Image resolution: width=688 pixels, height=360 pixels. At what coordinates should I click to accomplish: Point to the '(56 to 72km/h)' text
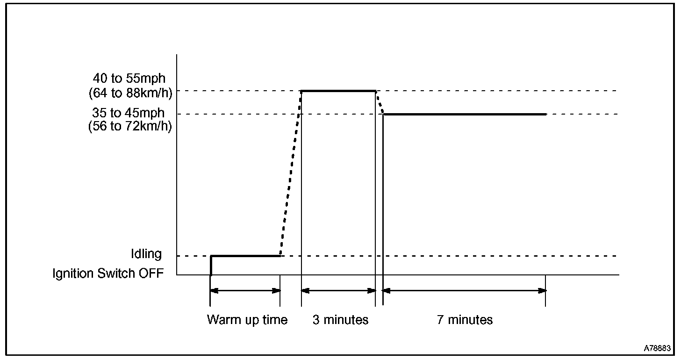[x=130, y=127]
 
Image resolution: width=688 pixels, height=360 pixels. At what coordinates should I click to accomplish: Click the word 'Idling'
[x=146, y=254]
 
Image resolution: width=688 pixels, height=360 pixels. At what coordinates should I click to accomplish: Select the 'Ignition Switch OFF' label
[x=108, y=274]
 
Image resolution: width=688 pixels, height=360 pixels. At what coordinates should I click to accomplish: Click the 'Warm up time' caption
[x=247, y=320]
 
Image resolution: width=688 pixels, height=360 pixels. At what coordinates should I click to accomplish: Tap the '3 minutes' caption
[x=340, y=320]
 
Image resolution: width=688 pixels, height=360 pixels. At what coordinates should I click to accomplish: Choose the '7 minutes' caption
[x=465, y=320]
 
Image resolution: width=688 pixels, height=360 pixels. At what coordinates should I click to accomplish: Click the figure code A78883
[x=658, y=348]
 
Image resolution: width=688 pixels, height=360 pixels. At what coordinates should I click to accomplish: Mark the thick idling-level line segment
[x=245, y=256]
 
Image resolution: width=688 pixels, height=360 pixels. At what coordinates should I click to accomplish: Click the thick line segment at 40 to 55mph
[x=338, y=91]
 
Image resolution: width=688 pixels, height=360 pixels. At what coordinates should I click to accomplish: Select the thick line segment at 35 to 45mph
[x=465, y=114]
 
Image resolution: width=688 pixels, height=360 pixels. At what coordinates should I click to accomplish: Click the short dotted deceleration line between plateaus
[x=380, y=102]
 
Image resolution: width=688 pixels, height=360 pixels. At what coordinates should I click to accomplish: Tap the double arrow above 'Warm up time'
[x=245, y=290]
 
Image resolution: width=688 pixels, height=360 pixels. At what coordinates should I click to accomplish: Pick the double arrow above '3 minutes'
[x=338, y=290]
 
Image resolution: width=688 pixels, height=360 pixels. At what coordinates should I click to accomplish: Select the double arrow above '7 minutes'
[x=465, y=290]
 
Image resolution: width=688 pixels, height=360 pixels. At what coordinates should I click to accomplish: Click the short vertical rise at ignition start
[x=211, y=266]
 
